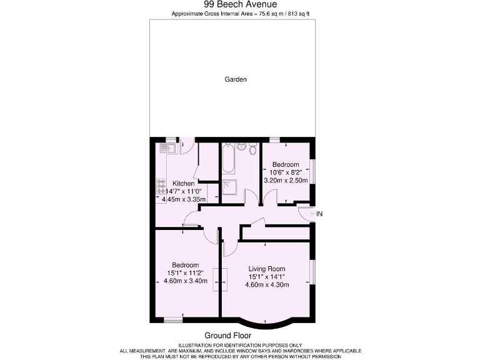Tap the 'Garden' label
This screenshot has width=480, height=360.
pos(236,79)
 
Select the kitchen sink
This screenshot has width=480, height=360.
pos(167,148)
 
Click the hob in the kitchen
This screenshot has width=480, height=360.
pos(161,186)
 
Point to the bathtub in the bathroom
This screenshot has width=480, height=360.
pos(227,161)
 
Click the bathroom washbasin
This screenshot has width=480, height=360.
pos(241,148)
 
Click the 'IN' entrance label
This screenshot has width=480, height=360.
pos(319,214)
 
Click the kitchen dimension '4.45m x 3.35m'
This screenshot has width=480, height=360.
pos(182,199)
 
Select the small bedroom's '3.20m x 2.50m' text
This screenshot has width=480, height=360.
pos(286,180)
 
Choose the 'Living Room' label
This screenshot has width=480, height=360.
pos(266,269)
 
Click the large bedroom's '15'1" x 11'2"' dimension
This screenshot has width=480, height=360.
pos(185,273)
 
